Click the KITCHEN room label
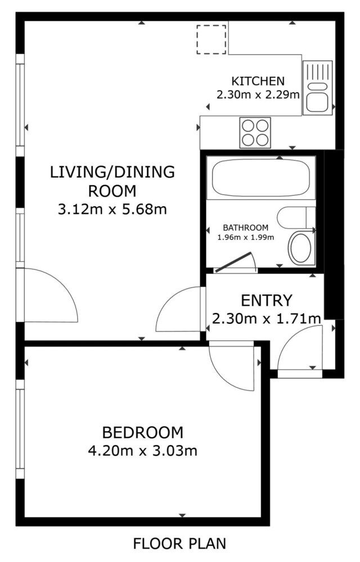coord(258,81)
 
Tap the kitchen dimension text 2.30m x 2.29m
coord(258,95)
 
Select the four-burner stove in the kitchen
coord(255,132)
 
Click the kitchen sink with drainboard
coord(318,88)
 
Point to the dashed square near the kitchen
coord(211,39)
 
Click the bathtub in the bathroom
coord(260,178)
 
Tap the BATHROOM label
coord(246,228)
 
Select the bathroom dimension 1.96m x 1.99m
coord(246,237)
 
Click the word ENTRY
coord(267,300)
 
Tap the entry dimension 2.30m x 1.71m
coord(267,318)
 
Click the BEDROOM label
coord(143,433)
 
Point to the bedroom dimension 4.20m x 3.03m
coord(143,451)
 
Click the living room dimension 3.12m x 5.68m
coord(112,209)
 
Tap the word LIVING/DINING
coord(112,172)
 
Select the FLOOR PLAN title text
coord(179,543)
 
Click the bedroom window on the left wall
coord(20,429)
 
